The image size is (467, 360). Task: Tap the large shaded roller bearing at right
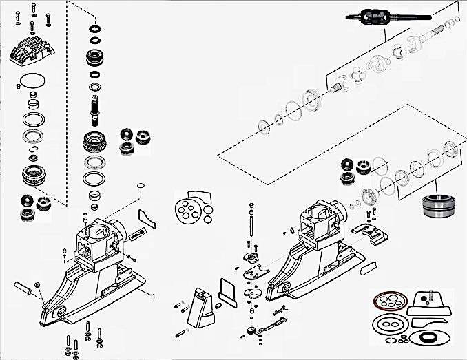tap(435, 204)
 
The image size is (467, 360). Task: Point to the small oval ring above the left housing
tap(140, 185)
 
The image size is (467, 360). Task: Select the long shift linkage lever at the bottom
tap(269, 322)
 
